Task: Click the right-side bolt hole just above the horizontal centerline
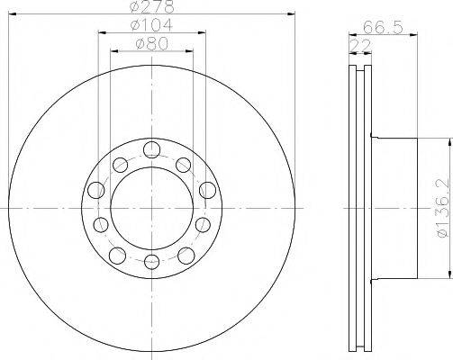click(207, 190)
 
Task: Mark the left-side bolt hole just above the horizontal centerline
click(93, 190)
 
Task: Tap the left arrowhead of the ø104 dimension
click(99, 32)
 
